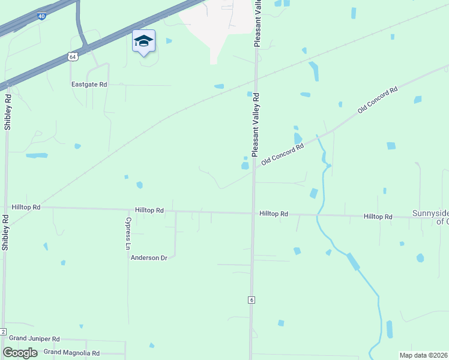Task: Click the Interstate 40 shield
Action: [x=41, y=17]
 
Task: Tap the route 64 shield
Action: [x=72, y=56]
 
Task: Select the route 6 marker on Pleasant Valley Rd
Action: [x=251, y=299]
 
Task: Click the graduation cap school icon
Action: [x=143, y=41]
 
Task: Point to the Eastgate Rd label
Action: [x=89, y=85]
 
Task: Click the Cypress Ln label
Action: [x=128, y=233]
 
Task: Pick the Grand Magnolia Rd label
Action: [x=71, y=353]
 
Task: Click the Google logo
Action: [x=20, y=353]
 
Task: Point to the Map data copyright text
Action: [x=423, y=355]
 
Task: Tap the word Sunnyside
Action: [x=430, y=213]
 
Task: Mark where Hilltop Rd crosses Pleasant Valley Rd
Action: [x=253, y=213]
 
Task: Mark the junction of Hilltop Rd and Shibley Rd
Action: [x=6, y=208]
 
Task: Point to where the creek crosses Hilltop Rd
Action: [x=316, y=215]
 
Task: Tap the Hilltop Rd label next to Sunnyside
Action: [x=378, y=216]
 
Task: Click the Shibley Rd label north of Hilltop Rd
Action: [x=8, y=112]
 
